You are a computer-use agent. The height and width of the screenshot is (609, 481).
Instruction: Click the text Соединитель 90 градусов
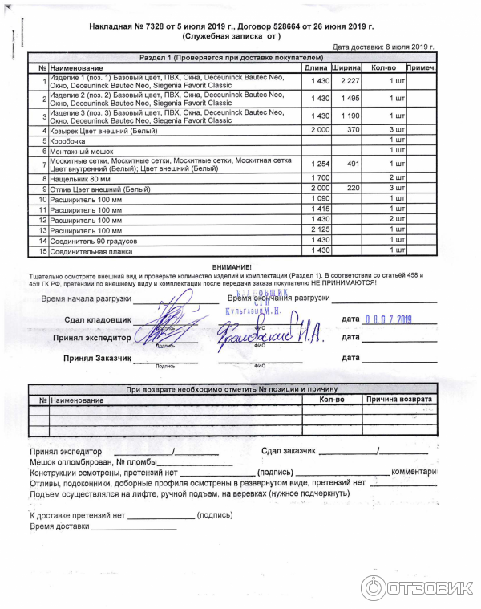tap(93, 240)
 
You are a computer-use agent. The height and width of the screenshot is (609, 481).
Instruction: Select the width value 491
tap(350, 164)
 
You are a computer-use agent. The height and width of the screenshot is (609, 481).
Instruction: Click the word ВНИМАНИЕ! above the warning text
tap(232, 266)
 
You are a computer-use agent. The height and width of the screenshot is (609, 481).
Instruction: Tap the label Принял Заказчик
tap(97, 357)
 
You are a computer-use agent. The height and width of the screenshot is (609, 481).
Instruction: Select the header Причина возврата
tap(398, 399)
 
